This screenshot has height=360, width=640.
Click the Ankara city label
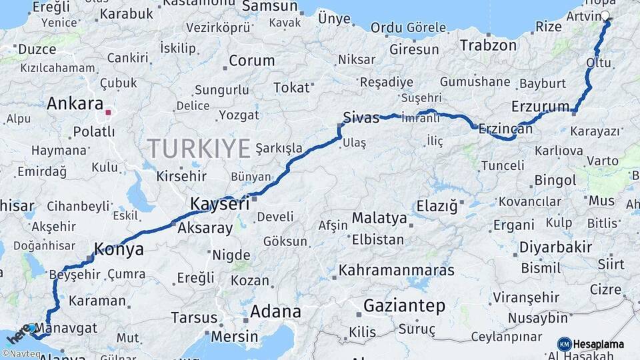tap(75, 104)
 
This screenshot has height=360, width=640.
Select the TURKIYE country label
tap(199, 147)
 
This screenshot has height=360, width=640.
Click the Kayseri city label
tap(220, 203)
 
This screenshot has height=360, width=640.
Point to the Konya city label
tap(119, 249)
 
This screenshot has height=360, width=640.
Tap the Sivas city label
tap(361, 118)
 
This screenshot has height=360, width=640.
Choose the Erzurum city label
tap(541, 107)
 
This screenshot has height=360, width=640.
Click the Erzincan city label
tap(505, 129)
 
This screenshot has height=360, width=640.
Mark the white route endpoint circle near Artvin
tap(605, 15)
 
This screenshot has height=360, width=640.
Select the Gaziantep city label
tap(404, 306)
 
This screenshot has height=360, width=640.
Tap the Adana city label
tap(275, 311)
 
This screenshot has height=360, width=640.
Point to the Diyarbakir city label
tap(555, 247)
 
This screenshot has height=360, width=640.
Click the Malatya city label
tap(379, 218)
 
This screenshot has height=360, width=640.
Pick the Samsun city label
tap(270, 7)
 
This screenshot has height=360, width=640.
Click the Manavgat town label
tap(65, 328)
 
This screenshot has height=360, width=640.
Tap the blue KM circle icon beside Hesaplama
tap(564, 344)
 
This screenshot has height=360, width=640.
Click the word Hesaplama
tap(598, 344)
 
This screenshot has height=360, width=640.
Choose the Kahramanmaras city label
tap(397, 271)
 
